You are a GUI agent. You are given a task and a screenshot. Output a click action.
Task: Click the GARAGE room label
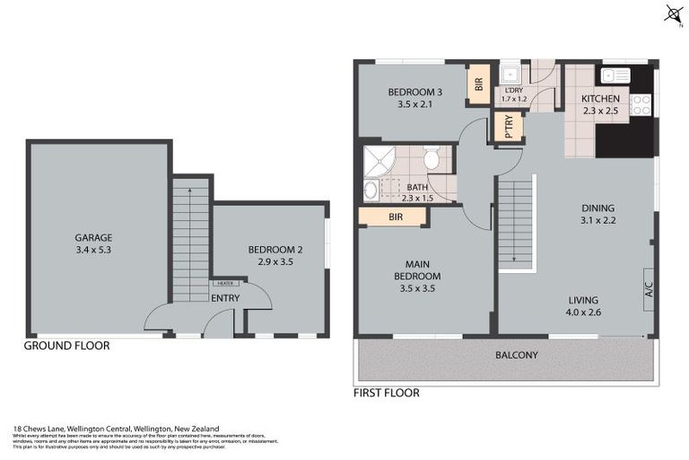coord(93,238)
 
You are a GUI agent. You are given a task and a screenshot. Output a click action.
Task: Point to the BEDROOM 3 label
coord(414,93)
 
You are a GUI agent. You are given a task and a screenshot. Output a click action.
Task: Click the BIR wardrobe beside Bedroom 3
coord(478,85)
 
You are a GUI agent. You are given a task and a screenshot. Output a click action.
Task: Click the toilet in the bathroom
coord(432,160)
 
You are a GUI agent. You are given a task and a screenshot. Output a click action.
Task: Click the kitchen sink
coord(617,76)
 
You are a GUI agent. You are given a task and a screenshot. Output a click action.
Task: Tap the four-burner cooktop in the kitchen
coord(641,104)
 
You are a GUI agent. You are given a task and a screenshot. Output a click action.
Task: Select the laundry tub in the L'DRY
coord(510,74)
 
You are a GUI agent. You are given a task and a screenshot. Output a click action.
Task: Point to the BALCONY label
coord(517,355)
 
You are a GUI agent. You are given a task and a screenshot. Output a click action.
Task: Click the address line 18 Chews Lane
coord(117,429)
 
